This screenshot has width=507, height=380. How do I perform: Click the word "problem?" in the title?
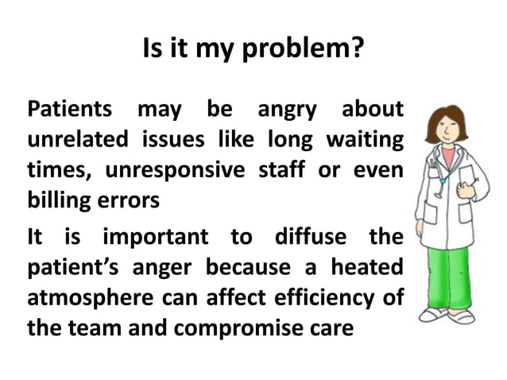pyautogui.click(x=309, y=52)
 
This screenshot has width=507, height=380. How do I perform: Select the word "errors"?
pyautogui.click(x=129, y=200)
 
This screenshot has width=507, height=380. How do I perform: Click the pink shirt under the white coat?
pyautogui.click(x=451, y=157)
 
